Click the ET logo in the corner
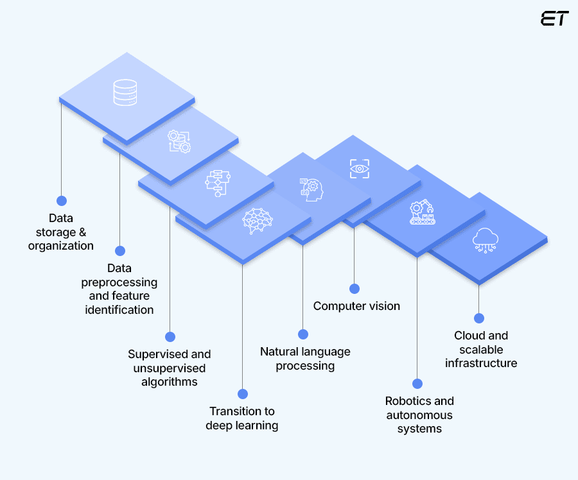[x=554, y=19]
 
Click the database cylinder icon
[x=125, y=92]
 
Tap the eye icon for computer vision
[x=360, y=168]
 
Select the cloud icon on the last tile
[x=486, y=239]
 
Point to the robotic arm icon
[x=422, y=212]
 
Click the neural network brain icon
[x=257, y=219]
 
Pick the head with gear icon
[x=312, y=188]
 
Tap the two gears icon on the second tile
[x=179, y=141]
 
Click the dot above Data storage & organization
[x=62, y=201]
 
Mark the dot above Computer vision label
[x=354, y=289]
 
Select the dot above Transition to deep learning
[x=242, y=394]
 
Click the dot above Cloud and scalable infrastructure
[x=478, y=318]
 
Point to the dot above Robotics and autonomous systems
[x=417, y=384]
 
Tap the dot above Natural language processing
[x=303, y=334]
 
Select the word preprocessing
[x=119, y=282]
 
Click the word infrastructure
[x=481, y=363]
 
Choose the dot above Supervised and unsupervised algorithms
[x=170, y=337]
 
